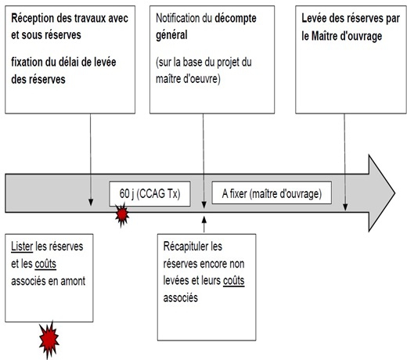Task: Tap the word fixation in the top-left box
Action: click(27, 62)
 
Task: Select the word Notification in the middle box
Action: click(178, 18)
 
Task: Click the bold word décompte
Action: click(236, 19)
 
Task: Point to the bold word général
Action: click(171, 35)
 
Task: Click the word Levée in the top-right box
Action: click(314, 18)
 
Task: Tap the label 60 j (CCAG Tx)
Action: click(149, 194)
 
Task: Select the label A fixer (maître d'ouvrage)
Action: click(272, 194)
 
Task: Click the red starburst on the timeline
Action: click(122, 214)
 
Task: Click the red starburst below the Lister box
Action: click(49, 339)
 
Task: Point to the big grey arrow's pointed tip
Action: click(395, 193)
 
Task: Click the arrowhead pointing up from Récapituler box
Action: click(204, 220)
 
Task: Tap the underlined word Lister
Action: click(22, 247)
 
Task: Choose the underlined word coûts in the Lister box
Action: click(45, 264)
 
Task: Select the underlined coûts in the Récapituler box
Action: click(234, 281)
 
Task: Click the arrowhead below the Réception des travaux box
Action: click(91, 203)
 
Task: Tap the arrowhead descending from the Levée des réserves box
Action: click(345, 207)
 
